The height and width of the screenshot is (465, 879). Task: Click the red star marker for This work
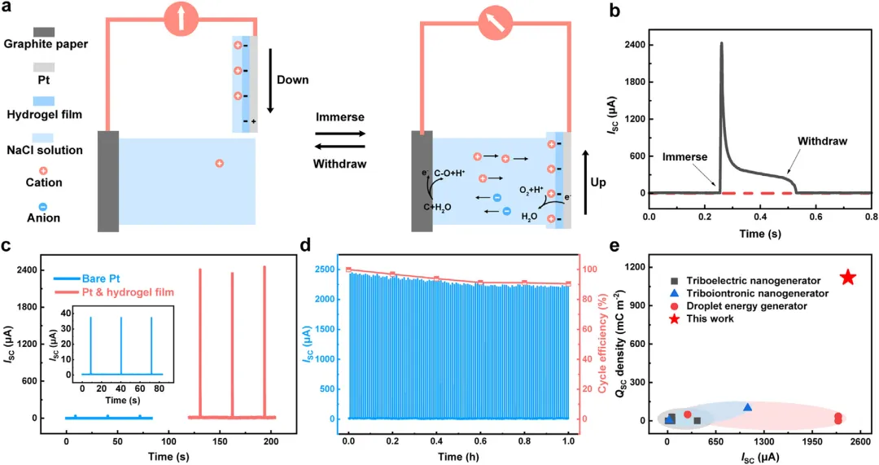848,278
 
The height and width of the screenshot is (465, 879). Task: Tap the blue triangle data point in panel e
747,406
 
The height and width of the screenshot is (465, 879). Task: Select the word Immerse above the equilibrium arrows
339,116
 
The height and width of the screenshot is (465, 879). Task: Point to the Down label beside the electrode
293,80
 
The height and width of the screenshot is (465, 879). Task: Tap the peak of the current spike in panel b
721,43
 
